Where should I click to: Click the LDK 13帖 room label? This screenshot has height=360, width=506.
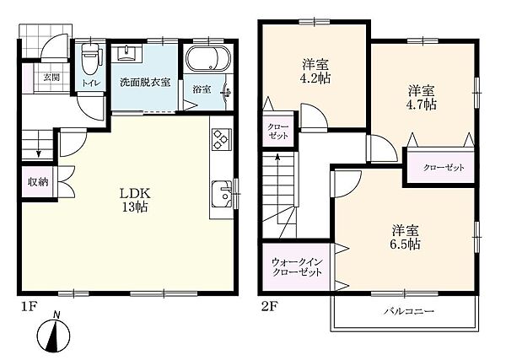(135, 200)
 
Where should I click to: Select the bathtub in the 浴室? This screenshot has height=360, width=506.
(209, 58)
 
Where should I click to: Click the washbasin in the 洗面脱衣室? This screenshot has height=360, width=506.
(126, 53)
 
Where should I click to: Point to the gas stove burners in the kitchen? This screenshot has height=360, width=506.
(221, 139)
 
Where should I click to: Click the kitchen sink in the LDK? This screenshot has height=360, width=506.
(222, 194)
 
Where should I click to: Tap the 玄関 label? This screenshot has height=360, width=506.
(51, 78)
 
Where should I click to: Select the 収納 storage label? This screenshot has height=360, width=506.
(38, 182)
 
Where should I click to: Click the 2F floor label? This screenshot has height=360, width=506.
(269, 306)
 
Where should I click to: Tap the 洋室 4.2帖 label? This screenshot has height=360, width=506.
(315, 72)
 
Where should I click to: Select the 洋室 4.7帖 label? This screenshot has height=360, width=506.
(423, 98)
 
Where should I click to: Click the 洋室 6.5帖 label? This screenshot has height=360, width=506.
(406, 237)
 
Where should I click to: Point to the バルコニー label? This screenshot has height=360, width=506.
(409, 311)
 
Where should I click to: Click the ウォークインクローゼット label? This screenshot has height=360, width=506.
(297, 266)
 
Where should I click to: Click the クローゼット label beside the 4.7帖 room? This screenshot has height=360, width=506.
(444, 168)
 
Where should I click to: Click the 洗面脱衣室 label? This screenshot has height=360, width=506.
(145, 83)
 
